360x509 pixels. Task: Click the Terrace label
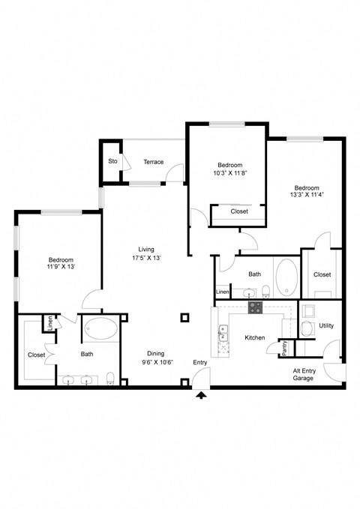(x=154, y=161)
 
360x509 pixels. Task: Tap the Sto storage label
(x=112, y=161)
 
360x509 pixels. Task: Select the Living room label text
(x=146, y=249)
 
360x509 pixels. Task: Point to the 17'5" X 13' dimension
(x=146, y=258)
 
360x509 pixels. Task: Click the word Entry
(x=200, y=363)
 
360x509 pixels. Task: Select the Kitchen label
(x=255, y=338)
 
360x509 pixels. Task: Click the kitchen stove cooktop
(x=254, y=307)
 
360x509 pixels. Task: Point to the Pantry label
(x=285, y=349)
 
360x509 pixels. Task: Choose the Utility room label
(x=326, y=326)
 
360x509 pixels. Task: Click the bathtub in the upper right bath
(x=286, y=278)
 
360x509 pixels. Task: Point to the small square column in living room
(x=184, y=318)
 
